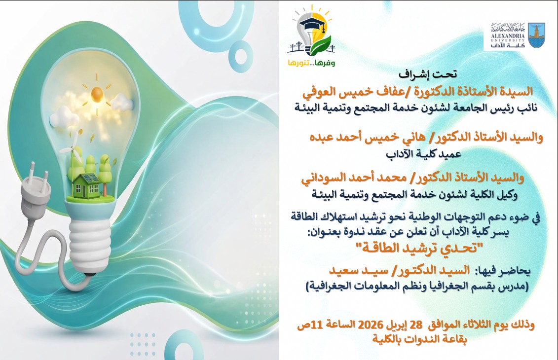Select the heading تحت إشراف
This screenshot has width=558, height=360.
428,74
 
